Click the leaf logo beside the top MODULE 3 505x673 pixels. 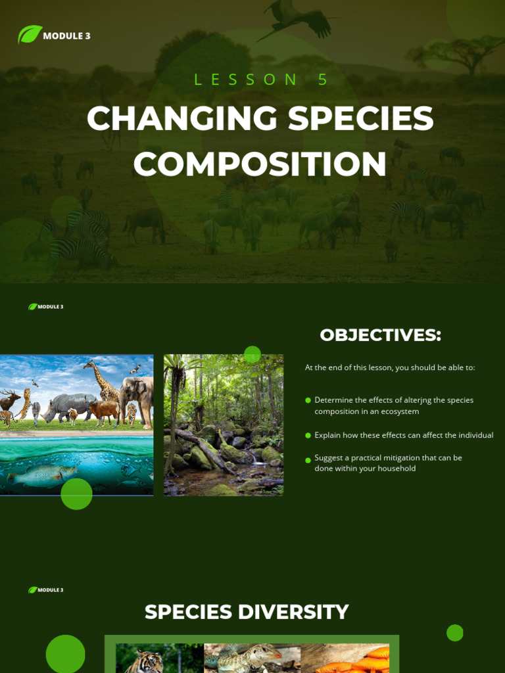30,34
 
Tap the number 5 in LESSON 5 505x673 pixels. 322,80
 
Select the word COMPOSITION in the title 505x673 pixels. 260,164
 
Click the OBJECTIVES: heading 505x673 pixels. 380,335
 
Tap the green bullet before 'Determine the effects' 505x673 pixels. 308,400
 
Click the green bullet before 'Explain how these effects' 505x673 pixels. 308,436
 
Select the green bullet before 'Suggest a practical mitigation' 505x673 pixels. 308,458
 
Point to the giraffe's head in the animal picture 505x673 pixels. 89,365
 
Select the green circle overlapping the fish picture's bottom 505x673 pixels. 76,494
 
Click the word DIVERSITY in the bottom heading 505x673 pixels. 293,612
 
